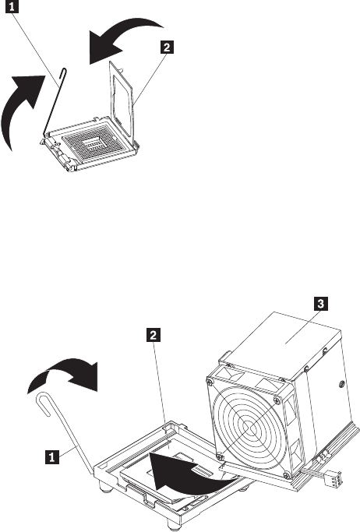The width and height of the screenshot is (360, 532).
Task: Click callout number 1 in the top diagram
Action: (12, 7)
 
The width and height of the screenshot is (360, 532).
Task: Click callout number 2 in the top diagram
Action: (167, 47)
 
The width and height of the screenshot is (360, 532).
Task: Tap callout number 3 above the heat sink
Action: (320, 303)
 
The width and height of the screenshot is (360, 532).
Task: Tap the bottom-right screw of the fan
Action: (287, 474)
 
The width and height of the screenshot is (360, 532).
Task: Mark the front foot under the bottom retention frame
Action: (174, 527)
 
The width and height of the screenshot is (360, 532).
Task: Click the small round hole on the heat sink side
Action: (341, 384)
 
